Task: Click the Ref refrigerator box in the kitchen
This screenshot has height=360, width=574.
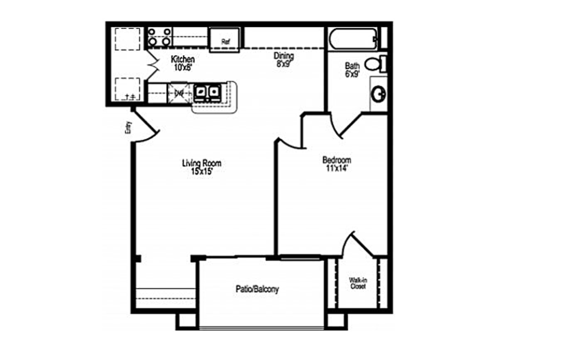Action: pyautogui.click(x=225, y=40)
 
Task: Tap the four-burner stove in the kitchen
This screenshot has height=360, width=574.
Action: pyautogui.click(x=159, y=37)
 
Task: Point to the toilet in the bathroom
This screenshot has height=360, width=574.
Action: pyautogui.click(x=377, y=64)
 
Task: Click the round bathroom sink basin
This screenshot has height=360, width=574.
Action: pyautogui.click(x=379, y=94)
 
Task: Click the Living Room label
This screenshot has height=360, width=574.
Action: pyautogui.click(x=201, y=163)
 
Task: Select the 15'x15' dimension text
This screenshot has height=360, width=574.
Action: pyautogui.click(x=201, y=171)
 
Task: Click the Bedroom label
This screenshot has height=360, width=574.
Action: pyautogui.click(x=336, y=160)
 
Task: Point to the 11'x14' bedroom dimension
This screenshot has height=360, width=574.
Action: pyautogui.click(x=336, y=168)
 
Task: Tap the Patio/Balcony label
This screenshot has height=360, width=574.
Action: pyautogui.click(x=257, y=289)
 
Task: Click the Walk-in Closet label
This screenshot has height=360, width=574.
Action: pyautogui.click(x=357, y=284)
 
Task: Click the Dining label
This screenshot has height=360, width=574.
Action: pyautogui.click(x=284, y=56)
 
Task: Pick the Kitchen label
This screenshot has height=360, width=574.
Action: pyautogui.click(x=183, y=59)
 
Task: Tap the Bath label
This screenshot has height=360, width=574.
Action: pyautogui.click(x=352, y=66)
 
